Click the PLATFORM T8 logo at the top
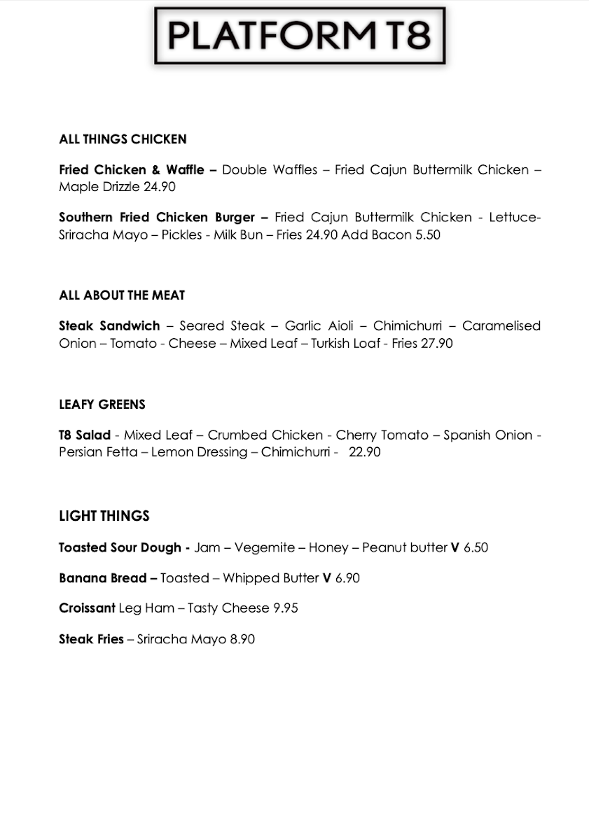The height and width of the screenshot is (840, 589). coord(300,36)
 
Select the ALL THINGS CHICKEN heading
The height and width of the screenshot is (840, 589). coord(123,139)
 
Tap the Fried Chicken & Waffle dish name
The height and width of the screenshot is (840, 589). coord(132,170)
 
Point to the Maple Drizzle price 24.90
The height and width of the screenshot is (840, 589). coord(160,187)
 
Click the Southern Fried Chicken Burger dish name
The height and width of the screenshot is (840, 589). coord(158,218)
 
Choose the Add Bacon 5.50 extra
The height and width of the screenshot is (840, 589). coord(391,234)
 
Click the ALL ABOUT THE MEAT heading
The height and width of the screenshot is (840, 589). coord(122,295)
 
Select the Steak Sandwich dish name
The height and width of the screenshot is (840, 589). coord(109,326)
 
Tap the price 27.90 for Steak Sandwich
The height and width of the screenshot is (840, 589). coord(436,343)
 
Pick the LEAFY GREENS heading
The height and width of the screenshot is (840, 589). coord(102,405)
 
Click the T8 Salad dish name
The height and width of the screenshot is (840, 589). coord(85,435)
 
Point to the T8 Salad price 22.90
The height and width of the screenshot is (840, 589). coord(364,452)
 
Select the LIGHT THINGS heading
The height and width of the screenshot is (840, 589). coord(104,516)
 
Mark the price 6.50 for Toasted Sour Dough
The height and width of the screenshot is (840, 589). coord(476,547)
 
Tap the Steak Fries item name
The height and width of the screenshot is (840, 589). coord(91,639)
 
